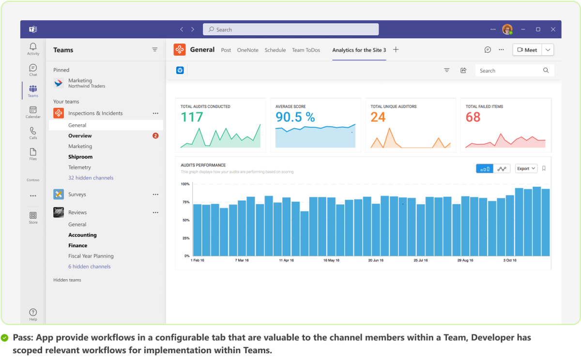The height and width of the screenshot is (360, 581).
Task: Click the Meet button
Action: pyautogui.click(x=527, y=50)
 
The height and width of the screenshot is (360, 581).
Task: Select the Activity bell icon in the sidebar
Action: pyautogui.click(x=33, y=47)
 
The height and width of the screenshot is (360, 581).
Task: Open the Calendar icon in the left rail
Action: pyautogui.click(x=33, y=110)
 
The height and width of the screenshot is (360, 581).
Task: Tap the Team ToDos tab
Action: pyautogui.click(x=306, y=50)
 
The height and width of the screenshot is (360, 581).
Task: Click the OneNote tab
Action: pyautogui.click(x=247, y=50)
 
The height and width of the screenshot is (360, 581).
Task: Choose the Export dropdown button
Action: pyautogui.click(x=526, y=168)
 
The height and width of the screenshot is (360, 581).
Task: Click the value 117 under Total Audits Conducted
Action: pyautogui.click(x=192, y=117)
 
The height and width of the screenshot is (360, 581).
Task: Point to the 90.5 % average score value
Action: pyautogui.click(x=295, y=117)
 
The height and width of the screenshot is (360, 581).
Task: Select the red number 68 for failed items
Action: pyautogui.click(x=473, y=117)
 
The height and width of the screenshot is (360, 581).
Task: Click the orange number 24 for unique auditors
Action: pyautogui.click(x=378, y=117)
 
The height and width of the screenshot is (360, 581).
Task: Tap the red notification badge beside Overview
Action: pyautogui.click(x=155, y=136)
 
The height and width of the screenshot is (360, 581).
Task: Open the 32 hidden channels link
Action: pyautogui.click(x=91, y=178)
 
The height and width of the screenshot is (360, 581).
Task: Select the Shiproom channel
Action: pyautogui.click(x=80, y=157)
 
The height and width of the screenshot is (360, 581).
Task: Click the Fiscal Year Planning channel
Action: pyautogui.click(x=91, y=256)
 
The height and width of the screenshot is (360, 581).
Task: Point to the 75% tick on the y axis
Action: pyautogui.click(x=185, y=202)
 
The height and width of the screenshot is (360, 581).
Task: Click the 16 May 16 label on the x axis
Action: pyautogui.click(x=331, y=260)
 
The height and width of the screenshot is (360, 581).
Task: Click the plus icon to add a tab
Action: pyautogui.click(x=396, y=50)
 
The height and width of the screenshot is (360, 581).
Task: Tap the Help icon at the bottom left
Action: pyautogui.click(x=33, y=313)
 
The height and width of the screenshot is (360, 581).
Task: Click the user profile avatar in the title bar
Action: pyautogui.click(x=507, y=30)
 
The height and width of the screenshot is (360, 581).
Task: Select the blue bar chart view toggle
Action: pyautogui.click(x=485, y=168)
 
